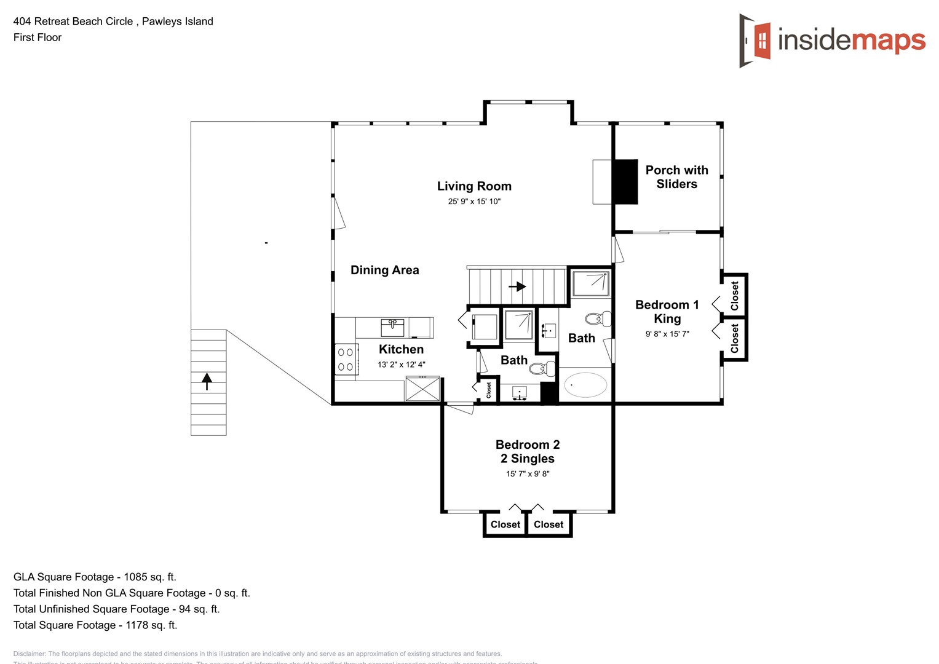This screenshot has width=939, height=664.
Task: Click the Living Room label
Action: [x=474, y=186]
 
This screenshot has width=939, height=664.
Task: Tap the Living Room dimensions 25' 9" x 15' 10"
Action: [x=474, y=202]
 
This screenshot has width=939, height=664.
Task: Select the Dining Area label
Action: [x=384, y=270]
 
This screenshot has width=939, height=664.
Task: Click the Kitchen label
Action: [x=401, y=349]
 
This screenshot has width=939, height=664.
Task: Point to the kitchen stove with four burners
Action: [x=346, y=360]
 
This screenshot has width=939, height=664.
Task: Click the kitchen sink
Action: [x=392, y=327]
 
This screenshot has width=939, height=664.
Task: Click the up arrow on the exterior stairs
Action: [x=207, y=381]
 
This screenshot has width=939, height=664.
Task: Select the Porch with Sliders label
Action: [x=676, y=177]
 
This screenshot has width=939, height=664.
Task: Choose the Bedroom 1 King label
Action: [x=667, y=312]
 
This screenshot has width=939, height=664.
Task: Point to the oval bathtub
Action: [x=585, y=385]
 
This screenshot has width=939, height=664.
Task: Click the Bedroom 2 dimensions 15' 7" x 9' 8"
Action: [x=528, y=474]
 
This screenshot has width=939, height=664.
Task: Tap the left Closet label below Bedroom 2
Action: [x=505, y=524]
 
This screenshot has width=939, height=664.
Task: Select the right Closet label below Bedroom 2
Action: [x=549, y=524]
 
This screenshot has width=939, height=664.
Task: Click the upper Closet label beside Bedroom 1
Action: [x=734, y=296]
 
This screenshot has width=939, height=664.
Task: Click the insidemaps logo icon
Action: [x=756, y=41]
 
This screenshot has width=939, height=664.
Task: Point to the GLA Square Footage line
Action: [x=95, y=577]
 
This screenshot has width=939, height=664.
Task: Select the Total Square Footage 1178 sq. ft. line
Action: [x=95, y=625]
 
